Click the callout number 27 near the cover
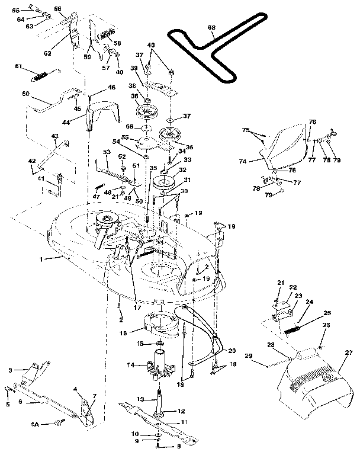pos(349,353)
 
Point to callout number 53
pos(107,153)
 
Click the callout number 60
pos(25,94)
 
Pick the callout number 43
pos(54,136)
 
